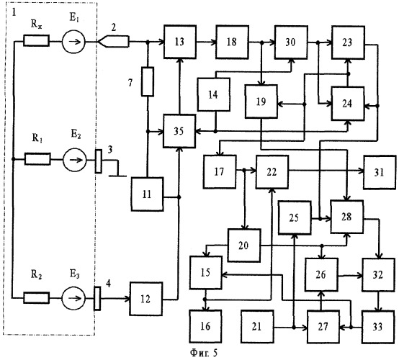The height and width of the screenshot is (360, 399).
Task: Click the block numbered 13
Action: (180, 42)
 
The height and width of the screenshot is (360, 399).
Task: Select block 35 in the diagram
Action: (179, 131)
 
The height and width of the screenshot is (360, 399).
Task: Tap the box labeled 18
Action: (232, 42)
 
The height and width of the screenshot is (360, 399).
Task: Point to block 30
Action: (291, 42)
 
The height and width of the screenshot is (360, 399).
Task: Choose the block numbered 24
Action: (348, 104)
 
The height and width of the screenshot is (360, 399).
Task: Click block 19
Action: (261, 102)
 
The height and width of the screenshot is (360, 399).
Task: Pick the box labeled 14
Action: (214, 94)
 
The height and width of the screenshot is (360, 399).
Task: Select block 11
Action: (147, 194)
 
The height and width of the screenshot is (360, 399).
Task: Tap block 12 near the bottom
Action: (146, 299)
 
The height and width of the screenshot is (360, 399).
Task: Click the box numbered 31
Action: (380, 173)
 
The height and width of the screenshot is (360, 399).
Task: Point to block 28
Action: (347, 217)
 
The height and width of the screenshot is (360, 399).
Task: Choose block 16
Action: (205, 326)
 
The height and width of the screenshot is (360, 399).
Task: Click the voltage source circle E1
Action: (73, 42)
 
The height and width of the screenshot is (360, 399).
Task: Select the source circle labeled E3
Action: (73, 298)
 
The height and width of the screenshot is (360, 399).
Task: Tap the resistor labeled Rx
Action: (37, 41)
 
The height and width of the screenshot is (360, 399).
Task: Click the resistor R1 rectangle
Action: (37, 159)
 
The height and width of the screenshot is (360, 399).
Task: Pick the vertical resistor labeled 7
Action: (148, 81)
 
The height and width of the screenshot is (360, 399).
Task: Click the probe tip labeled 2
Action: (113, 42)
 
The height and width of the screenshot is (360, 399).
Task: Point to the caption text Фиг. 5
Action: (204, 353)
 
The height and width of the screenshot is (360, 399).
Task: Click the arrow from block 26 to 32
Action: (351, 276)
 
